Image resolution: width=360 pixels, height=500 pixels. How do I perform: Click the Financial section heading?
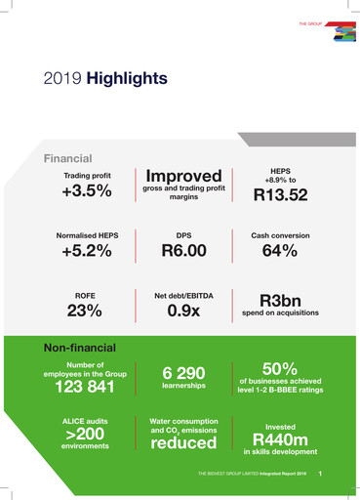[67, 157]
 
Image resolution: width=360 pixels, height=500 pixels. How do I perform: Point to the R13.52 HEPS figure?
[280, 195]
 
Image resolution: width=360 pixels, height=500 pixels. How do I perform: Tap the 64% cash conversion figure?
[280, 252]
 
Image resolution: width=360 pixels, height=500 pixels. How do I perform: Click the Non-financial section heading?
[79, 348]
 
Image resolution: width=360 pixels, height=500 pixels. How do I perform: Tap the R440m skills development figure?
[280, 439]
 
